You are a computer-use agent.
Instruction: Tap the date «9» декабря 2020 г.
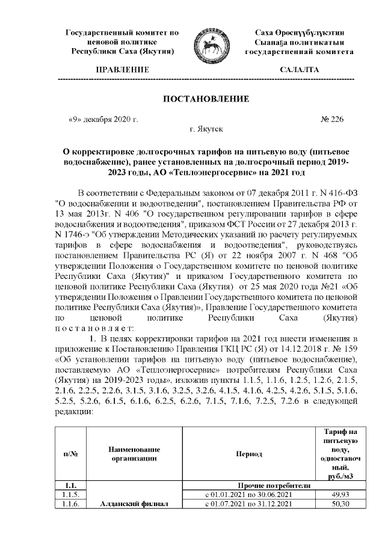pos(104,120)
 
